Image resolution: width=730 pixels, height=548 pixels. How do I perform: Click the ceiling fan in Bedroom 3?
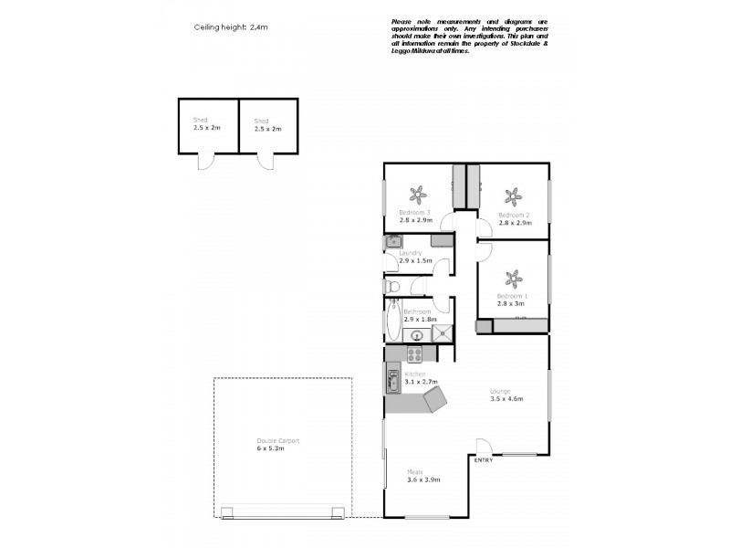(418, 195)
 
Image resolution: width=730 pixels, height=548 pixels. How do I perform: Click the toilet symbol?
(392, 287)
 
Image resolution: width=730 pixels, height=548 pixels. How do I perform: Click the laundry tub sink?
(392, 242)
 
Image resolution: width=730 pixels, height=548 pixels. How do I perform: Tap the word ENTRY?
(484, 459)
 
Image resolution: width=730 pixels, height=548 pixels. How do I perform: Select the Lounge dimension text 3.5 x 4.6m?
(508, 398)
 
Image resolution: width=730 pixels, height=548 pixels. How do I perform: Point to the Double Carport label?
(277, 441)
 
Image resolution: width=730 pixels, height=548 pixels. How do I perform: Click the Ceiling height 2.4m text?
(231, 28)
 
